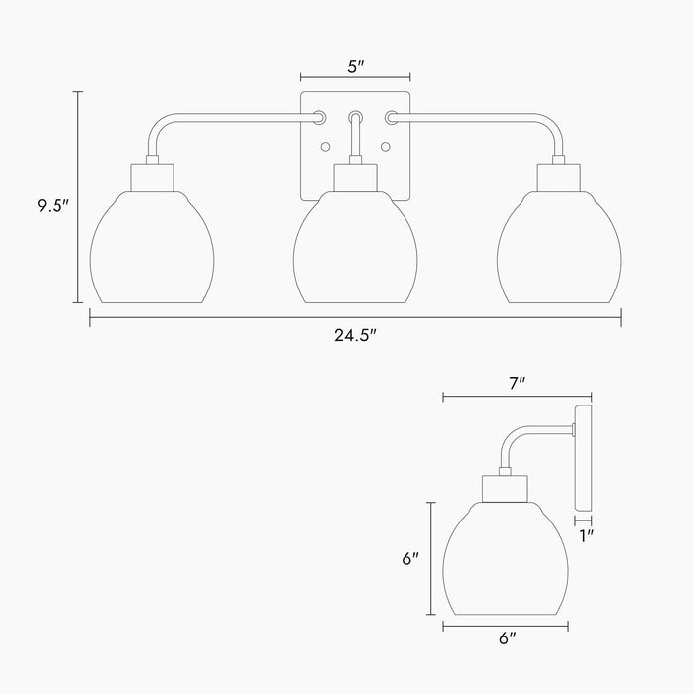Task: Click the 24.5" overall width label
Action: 356,336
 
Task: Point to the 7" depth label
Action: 516,382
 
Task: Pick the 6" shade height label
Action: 410,558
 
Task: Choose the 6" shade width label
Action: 506,640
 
